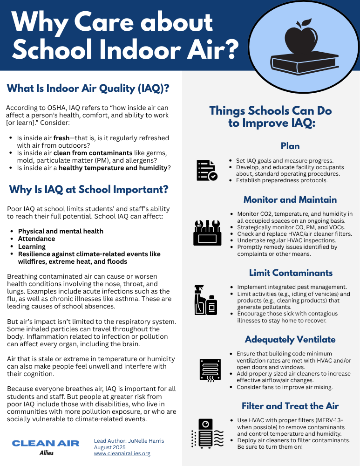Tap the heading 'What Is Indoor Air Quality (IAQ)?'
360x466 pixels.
coord(88,89)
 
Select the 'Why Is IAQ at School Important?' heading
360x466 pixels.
coord(88,190)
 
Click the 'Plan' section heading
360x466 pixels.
coord(290,146)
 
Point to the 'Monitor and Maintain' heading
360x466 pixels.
coord(290,199)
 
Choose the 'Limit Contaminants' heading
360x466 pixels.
coord(291,273)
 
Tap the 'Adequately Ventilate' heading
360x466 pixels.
coord(290,339)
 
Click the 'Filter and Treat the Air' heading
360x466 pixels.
coord(290,406)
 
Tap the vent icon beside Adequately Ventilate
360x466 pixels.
coord(209,370)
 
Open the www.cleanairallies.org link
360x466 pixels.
coord(122,453)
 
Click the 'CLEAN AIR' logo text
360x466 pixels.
coord(46,443)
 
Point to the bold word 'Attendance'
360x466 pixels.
coord(36,239)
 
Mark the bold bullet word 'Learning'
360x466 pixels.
coord(32,247)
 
